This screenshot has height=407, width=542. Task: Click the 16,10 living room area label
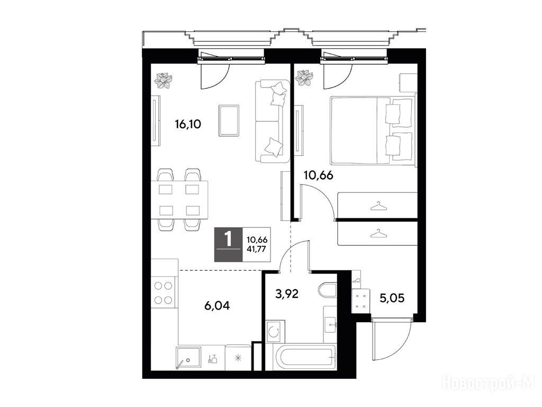[x=188, y=124]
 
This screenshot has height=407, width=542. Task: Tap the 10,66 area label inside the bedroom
[x=318, y=175]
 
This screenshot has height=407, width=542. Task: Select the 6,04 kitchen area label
[x=216, y=306]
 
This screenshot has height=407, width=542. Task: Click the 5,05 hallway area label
[x=392, y=298]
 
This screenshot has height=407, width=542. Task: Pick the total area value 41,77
[x=257, y=248]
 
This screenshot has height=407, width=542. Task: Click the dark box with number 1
[x=229, y=244]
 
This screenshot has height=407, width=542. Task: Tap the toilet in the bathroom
[x=327, y=290]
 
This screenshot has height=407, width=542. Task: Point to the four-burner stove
[x=164, y=293]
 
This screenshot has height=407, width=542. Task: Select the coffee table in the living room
[x=229, y=120]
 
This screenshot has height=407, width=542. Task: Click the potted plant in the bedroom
[x=304, y=78]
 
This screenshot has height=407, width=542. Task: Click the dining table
[x=180, y=200]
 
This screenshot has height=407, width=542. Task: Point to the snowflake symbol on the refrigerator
[x=238, y=359]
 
